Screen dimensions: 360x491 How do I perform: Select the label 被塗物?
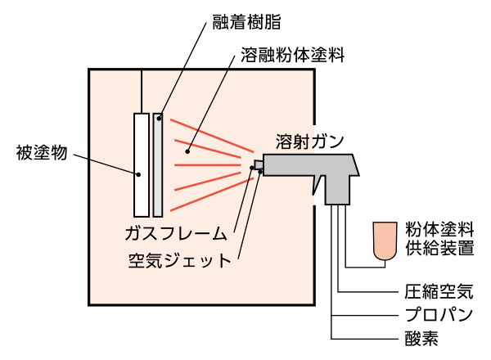coord(41,153)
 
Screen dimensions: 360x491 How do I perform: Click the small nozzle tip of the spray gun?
coord(259,165)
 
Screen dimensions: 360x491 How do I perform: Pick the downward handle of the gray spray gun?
coord(336,190)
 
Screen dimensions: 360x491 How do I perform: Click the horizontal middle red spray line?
coord(209,165)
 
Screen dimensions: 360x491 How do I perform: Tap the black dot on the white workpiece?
coord(138,173)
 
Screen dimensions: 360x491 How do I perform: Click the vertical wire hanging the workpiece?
coord(142,90)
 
